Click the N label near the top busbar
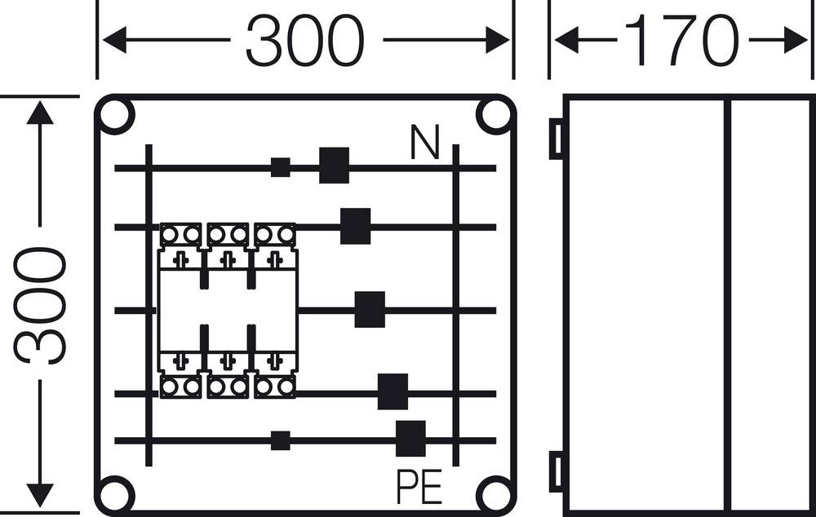(425, 144)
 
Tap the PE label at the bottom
(419, 487)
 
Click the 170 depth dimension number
(681, 41)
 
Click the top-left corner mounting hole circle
(115, 116)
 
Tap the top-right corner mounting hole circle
(494, 116)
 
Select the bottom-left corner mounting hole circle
(115, 494)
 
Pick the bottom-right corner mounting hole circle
(494, 494)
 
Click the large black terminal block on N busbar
(334, 166)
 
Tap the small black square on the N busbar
(280, 167)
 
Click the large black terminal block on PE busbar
(410, 439)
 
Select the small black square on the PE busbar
(280, 440)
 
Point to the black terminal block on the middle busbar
(370, 310)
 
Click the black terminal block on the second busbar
(355, 226)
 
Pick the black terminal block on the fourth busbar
(392, 391)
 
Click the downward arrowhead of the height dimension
(39, 493)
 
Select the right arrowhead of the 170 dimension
(795, 39)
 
